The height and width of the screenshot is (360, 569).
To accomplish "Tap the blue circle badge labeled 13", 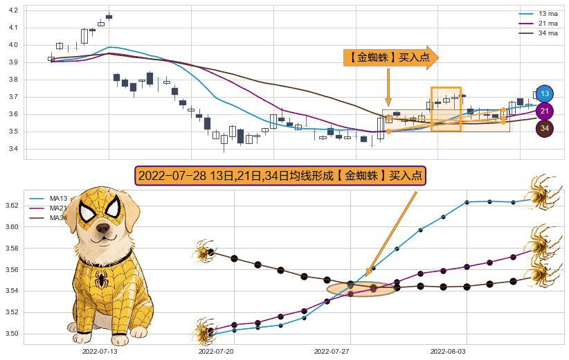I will coord(545,93).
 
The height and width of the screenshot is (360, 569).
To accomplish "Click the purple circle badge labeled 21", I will coord(545,111).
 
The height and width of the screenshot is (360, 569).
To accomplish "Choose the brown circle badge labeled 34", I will coord(545,128).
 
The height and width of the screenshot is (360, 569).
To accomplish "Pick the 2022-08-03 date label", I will coord(448,352).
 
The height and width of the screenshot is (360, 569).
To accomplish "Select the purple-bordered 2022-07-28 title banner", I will coord(280,176).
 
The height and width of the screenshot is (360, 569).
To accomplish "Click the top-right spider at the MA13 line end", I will coord(545,189).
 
